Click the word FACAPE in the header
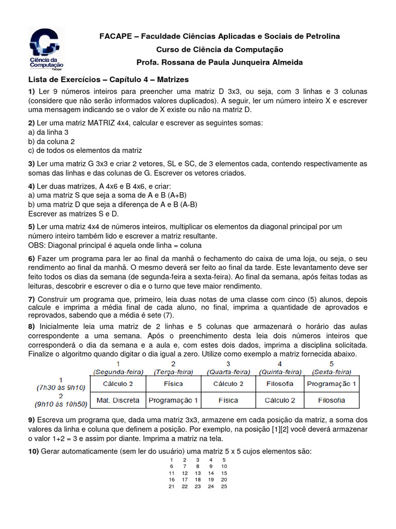point(115,36)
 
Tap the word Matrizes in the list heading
point(173,80)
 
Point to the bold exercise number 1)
point(31,91)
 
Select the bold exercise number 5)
point(31,227)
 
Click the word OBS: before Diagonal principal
point(37,245)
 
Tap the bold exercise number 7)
point(31,299)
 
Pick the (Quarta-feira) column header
point(228,371)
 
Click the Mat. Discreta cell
point(118,400)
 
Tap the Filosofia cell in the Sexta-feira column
point(332,400)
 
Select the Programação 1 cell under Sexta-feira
point(332,384)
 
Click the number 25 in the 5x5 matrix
point(224,487)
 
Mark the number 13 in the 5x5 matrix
point(197,473)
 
